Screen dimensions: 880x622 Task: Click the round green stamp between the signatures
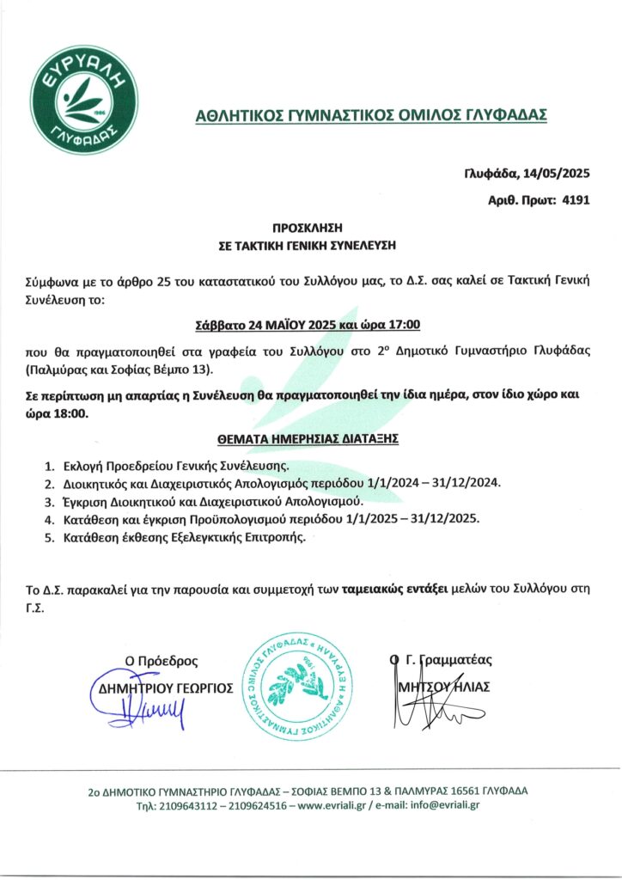(296, 688)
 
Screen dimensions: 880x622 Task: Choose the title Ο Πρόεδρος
(162, 661)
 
